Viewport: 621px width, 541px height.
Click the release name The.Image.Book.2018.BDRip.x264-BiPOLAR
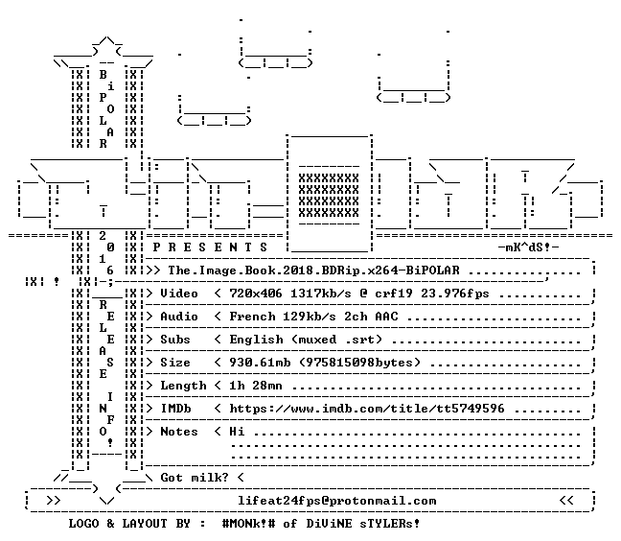point(313,270)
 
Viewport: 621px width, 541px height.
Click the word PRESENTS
point(210,247)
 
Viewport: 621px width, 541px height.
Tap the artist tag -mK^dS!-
point(528,247)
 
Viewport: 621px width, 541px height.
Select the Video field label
point(179,294)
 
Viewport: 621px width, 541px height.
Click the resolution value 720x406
point(256,294)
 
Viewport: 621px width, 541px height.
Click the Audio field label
point(179,317)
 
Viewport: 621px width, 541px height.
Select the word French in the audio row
point(252,317)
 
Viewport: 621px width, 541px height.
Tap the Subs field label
point(175,340)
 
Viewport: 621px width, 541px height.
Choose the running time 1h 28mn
point(256,386)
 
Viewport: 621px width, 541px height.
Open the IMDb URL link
point(367,409)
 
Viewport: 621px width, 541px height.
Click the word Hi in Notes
point(237,432)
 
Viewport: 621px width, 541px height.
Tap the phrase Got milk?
point(195,477)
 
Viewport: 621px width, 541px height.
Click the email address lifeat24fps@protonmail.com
point(337,501)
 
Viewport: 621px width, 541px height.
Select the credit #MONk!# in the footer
point(248,523)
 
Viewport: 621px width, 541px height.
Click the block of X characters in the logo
point(329,196)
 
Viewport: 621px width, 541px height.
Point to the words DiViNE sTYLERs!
point(363,523)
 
